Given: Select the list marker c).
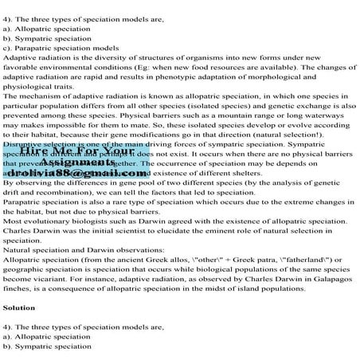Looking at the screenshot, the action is [x=9, y=49].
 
